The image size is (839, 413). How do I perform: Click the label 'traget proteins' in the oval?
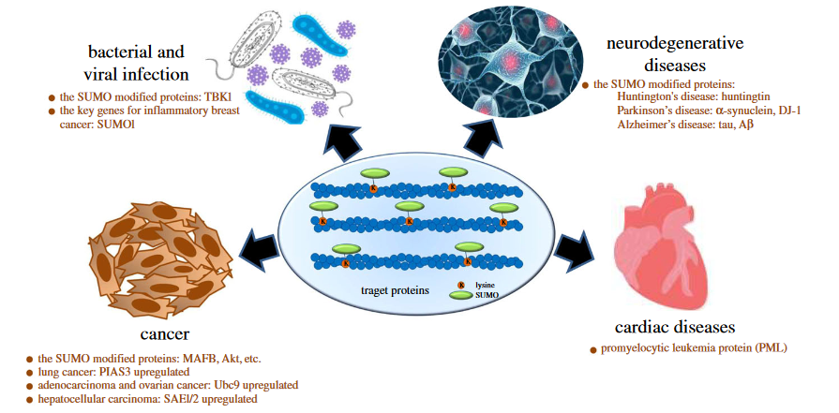[x=395, y=290]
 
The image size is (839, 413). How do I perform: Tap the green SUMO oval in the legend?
[x=460, y=295]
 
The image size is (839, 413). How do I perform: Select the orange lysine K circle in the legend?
[x=460, y=283]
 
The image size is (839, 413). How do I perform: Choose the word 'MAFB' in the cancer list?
[x=193, y=359]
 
